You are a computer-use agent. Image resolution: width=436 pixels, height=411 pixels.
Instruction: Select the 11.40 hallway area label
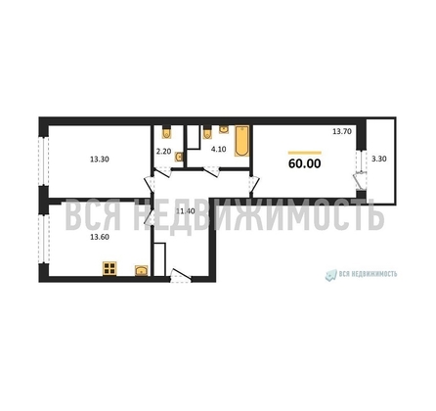183,210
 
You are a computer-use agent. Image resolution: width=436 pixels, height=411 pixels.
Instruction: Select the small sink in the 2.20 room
179,157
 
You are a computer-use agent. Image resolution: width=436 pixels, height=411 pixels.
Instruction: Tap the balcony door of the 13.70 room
360,178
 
